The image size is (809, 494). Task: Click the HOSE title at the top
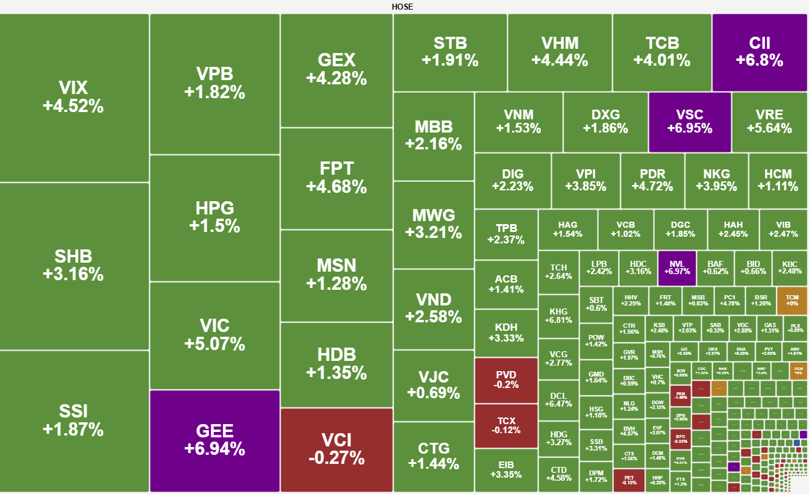click(x=402, y=7)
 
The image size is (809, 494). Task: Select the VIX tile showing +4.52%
click(x=73, y=97)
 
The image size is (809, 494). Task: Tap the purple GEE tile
click(x=214, y=440)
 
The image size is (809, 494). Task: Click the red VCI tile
click(x=336, y=449)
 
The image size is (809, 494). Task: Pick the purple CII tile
click(x=759, y=52)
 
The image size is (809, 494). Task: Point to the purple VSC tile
click(x=689, y=121)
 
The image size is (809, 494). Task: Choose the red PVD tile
click(x=506, y=380)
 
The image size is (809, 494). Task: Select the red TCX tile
click(x=506, y=425)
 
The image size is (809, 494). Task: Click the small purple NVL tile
click(x=676, y=267)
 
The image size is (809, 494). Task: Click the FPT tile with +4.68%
click(x=336, y=178)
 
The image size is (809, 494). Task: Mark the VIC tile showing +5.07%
click(x=214, y=335)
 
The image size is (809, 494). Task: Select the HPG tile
click(x=214, y=217)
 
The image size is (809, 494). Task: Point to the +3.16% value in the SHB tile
click(x=73, y=275)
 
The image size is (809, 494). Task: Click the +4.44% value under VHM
click(x=560, y=60)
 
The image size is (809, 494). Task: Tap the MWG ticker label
click(x=434, y=216)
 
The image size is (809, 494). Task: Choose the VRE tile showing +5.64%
click(x=769, y=121)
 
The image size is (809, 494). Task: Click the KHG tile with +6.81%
click(x=558, y=316)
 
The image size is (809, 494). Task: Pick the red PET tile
click(x=629, y=479)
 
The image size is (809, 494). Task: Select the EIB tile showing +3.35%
click(x=506, y=470)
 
